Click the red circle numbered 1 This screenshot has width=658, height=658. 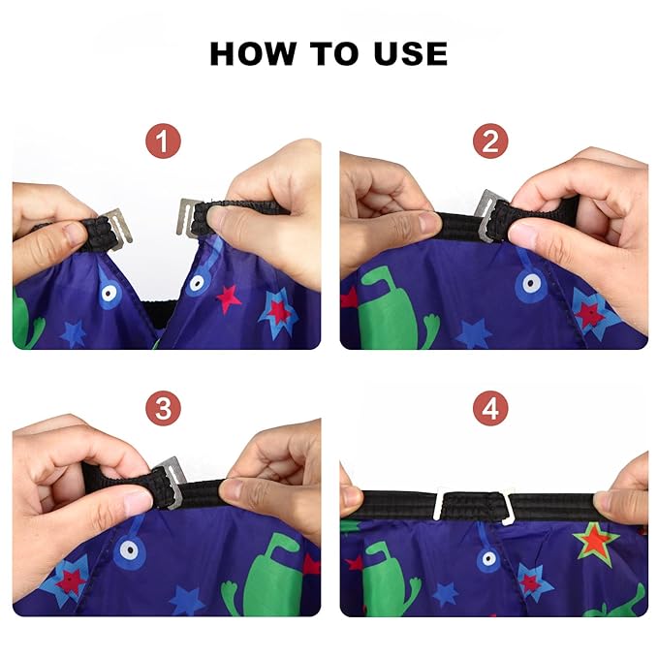165,143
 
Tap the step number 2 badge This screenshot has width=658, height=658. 491,143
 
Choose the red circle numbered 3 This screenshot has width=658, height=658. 165,409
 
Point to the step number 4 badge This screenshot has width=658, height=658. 491,409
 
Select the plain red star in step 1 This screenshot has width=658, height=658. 228,298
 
